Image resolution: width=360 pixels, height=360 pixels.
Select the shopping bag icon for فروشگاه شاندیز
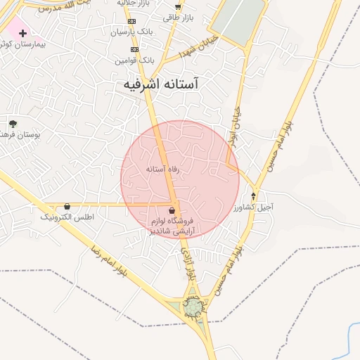173,210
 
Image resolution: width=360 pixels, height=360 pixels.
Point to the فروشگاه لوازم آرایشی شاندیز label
173,226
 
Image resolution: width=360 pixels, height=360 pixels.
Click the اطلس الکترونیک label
67,217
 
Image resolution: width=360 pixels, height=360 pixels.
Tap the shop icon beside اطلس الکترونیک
67,207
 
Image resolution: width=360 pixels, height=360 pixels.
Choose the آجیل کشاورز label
253,207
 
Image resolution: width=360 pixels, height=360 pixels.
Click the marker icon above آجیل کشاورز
254,195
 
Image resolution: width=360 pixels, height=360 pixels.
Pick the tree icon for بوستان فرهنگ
12,124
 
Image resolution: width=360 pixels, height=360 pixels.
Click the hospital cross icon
22,33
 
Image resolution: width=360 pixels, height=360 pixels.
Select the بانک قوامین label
134,61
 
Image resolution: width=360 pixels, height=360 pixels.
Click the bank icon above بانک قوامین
134,50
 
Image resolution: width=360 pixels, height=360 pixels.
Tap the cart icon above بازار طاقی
177,7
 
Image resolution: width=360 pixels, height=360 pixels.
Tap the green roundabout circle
193,307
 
